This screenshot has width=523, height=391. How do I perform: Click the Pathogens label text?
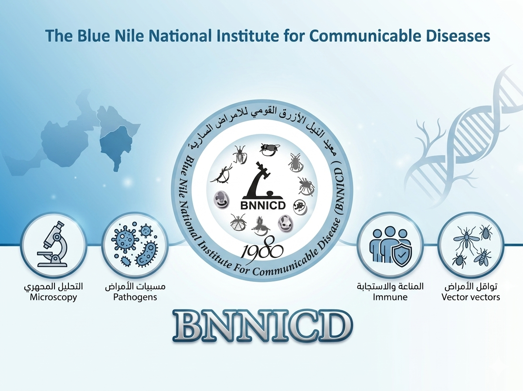coord(135,297)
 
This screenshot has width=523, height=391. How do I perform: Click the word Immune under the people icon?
coord(390,297)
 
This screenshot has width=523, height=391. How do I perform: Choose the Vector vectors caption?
coord(471,297)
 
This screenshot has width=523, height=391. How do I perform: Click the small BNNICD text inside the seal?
coord(263,206)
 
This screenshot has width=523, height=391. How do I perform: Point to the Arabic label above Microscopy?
coord(53,286)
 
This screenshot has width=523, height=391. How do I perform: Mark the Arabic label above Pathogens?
coord(135,286)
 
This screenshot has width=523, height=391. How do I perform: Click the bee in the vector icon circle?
coord(482,257)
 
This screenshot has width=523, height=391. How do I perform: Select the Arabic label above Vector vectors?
coord(471,286)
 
